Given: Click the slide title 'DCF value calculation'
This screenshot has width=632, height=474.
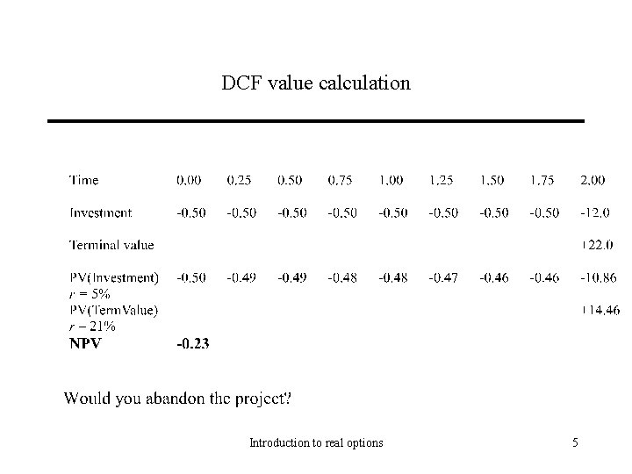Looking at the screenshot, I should [x=315, y=84].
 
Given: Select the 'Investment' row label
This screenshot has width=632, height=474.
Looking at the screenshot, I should [x=101, y=212].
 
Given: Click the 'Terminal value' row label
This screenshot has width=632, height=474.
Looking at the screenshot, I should [x=111, y=245].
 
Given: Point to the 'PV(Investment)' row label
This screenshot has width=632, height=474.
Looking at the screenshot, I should [x=114, y=277].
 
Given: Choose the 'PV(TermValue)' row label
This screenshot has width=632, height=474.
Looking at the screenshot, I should [x=114, y=309].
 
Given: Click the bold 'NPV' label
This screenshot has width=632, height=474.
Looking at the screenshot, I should [x=86, y=343].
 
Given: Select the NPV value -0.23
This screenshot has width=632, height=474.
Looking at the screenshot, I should [x=193, y=343].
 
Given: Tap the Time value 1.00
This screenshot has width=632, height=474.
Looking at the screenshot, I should [x=391, y=181].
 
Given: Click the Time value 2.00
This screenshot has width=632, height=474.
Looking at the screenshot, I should [x=592, y=181].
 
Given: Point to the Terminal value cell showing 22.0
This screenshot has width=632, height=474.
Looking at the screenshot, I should [x=599, y=245].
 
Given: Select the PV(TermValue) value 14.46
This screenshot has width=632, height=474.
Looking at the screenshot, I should [x=599, y=309].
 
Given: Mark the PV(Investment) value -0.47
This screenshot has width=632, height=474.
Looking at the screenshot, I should [x=442, y=277].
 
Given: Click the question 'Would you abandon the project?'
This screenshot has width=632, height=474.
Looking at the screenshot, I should [x=177, y=399].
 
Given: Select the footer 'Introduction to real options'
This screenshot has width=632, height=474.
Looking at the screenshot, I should [x=316, y=443].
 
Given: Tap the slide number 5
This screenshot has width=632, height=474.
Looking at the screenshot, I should [x=575, y=443].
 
